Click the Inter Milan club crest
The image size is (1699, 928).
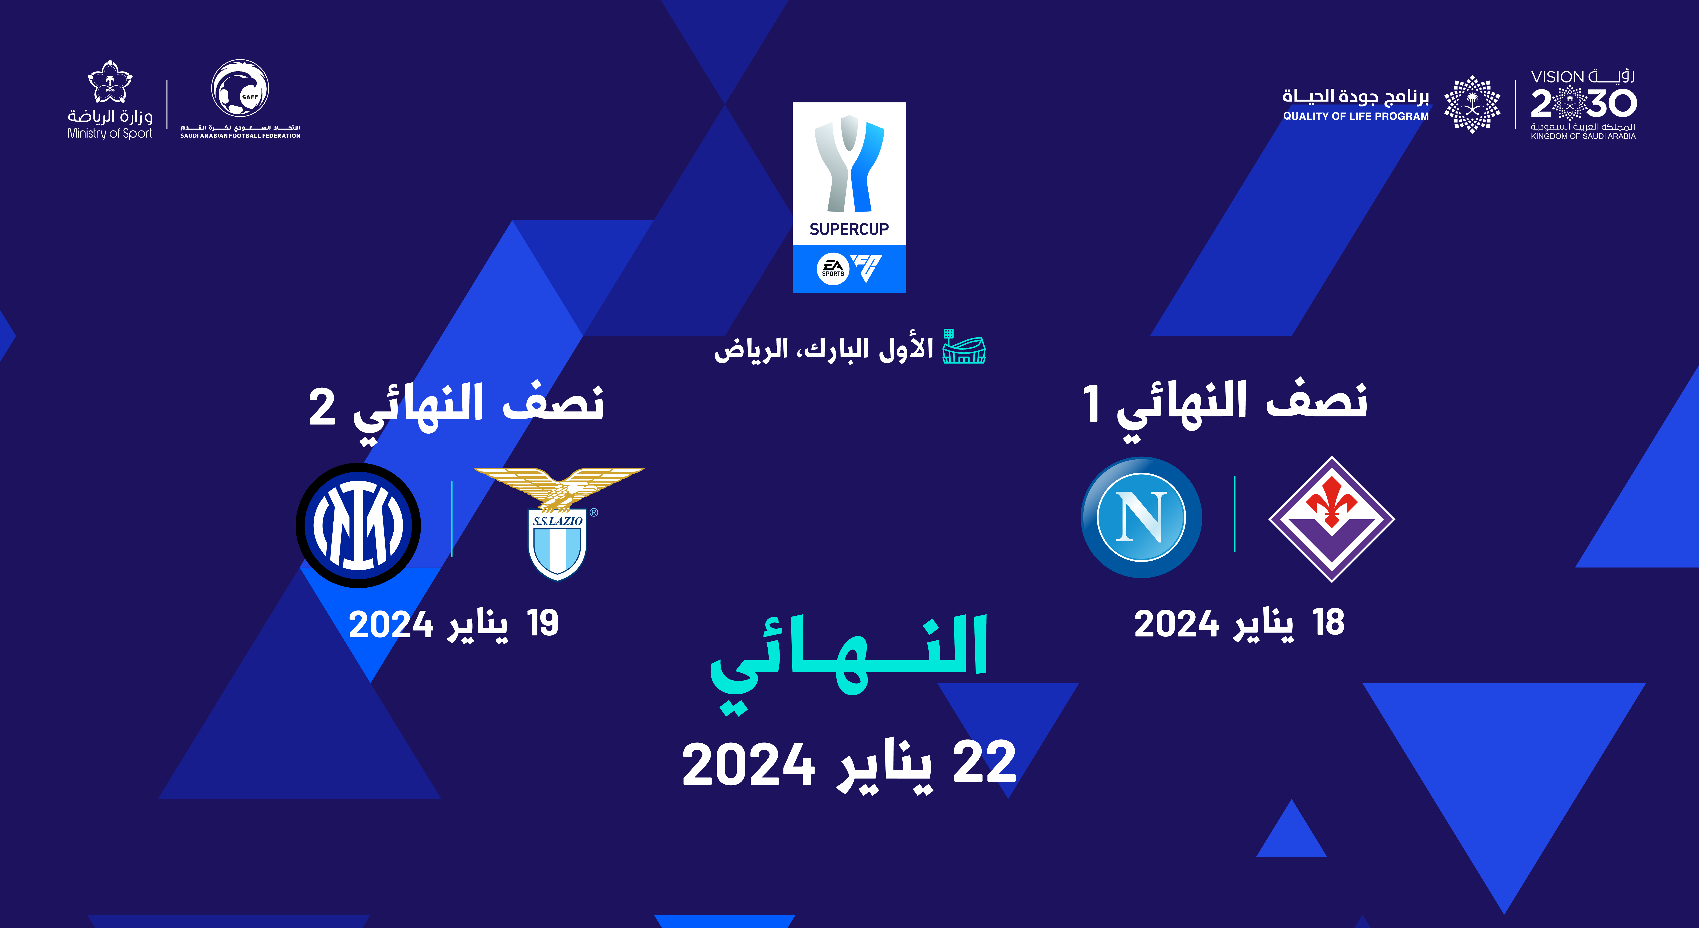click(x=358, y=525)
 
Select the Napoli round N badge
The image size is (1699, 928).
click(x=1141, y=518)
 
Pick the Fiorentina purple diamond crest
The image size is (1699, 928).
click(x=1332, y=519)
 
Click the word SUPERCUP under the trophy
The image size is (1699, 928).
click(x=849, y=229)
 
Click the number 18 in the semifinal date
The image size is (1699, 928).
click(x=1328, y=622)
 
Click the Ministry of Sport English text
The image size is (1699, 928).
click(x=109, y=133)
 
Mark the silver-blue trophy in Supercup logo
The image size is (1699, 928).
click(x=849, y=164)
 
